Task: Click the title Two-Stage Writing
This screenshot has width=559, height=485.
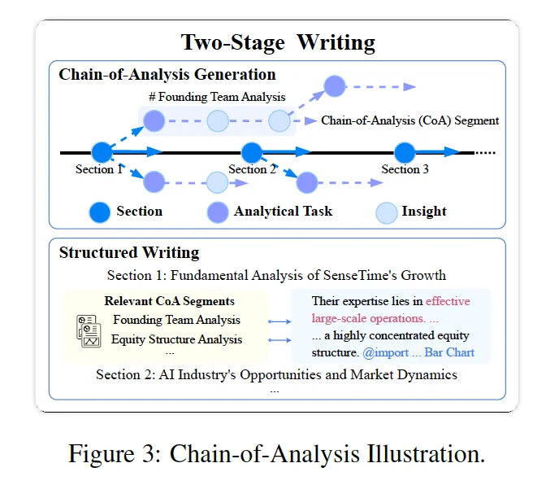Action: (x=278, y=42)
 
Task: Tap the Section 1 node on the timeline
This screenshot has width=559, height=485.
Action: (x=102, y=152)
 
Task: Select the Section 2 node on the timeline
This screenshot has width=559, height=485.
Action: (x=252, y=152)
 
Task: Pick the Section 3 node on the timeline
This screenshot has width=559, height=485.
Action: (x=405, y=152)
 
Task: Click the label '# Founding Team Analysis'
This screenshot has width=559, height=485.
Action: (x=217, y=97)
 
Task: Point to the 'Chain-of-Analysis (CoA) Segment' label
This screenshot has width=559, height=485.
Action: (x=410, y=120)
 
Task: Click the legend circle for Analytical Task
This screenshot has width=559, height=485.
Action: (x=218, y=212)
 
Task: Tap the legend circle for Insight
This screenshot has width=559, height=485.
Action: (x=387, y=213)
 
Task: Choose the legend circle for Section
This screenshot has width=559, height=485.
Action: (x=99, y=212)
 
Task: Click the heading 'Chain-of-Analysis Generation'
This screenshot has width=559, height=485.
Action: (x=167, y=74)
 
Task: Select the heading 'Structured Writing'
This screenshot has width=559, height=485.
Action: (x=129, y=252)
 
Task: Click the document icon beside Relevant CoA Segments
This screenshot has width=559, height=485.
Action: (x=89, y=331)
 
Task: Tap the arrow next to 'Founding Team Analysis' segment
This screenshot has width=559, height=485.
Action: (x=279, y=321)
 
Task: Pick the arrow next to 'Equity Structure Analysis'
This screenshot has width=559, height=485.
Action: (x=279, y=340)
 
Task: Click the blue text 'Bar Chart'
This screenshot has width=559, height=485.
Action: (x=449, y=352)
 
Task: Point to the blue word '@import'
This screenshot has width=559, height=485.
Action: (x=386, y=353)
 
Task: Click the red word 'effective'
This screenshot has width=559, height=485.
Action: (x=448, y=301)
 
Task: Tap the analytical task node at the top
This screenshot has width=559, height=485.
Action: (x=335, y=86)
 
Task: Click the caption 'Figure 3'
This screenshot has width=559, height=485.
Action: (x=115, y=453)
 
